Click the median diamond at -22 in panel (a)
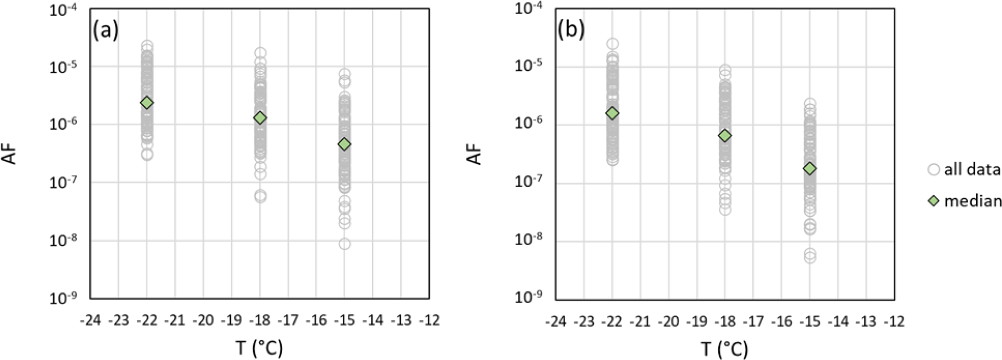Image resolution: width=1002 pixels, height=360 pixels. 147,103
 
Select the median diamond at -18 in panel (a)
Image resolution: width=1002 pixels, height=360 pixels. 260,118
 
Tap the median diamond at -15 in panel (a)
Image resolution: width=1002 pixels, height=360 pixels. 345,144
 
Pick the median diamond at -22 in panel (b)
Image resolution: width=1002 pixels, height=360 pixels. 612,113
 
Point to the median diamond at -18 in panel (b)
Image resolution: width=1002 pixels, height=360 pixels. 725,136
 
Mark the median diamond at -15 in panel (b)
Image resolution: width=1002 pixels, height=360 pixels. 810,169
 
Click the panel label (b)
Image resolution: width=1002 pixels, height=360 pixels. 571,31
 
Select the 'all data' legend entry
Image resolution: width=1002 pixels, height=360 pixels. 964,169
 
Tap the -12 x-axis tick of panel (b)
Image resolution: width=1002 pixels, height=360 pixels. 894,321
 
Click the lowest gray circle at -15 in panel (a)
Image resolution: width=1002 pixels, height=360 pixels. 345,244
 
